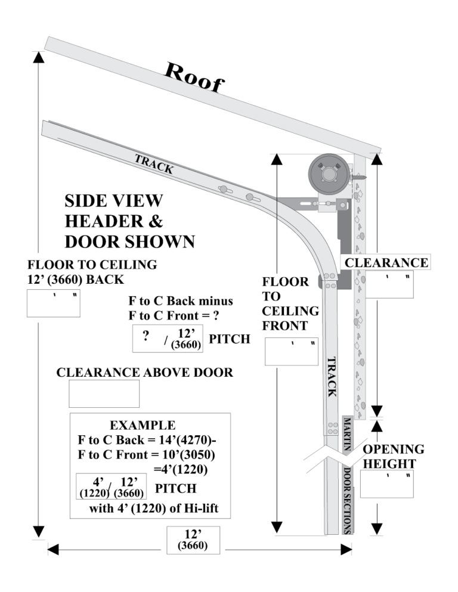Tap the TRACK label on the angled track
[154, 164]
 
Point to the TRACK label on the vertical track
[333, 377]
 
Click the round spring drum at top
[327, 175]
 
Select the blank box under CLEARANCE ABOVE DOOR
[104, 393]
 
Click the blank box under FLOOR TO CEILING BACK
[53, 303]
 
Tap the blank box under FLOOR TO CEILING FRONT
[291, 351]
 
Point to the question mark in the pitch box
[145, 336]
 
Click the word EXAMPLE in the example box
[143, 425]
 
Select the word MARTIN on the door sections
[346, 436]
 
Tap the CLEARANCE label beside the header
[386, 262]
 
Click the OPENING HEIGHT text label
[394, 456]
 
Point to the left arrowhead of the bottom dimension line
[52, 548]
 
